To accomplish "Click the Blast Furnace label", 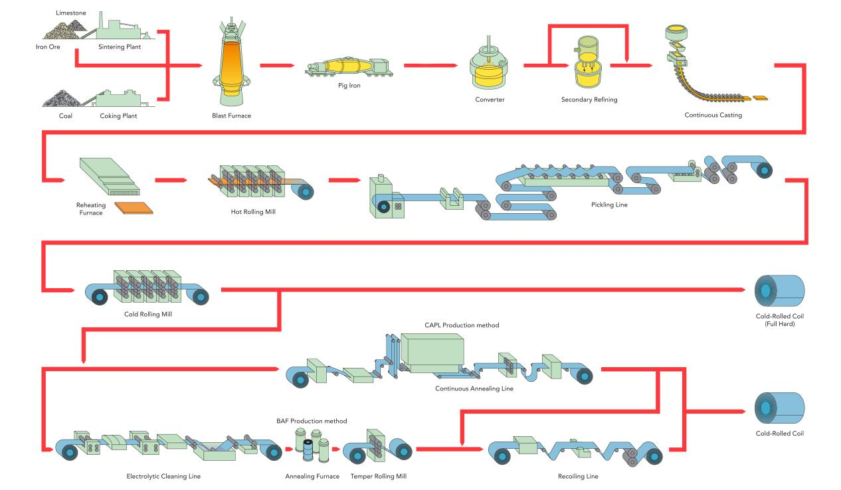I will coord(228,116).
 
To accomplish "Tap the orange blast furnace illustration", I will coord(228,63).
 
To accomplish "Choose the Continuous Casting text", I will coord(713,115).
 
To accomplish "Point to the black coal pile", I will coord(62,99).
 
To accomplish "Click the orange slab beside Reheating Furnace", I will coord(134,208).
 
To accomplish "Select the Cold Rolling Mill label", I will coord(148,313).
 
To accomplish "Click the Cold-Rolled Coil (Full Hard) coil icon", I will coord(779,290).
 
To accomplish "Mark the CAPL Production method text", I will coord(462,325).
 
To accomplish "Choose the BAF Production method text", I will coord(312,421).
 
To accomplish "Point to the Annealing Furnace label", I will coord(312,476).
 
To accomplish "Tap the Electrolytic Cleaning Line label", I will coord(163,476).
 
